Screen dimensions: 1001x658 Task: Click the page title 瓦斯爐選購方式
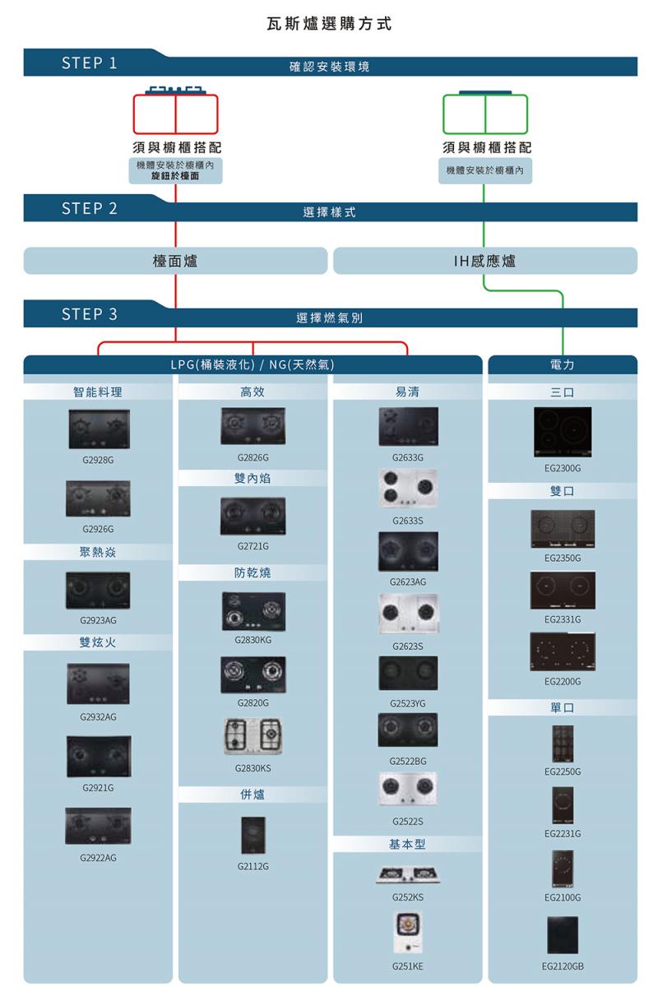[x=330, y=24]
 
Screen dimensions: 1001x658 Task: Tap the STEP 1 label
[x=89, y=63]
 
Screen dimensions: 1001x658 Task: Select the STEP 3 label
[x=89, y=314]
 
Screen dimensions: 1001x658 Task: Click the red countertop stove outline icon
[x=175, y=114]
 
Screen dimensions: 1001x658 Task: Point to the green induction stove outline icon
[x=484, y=114]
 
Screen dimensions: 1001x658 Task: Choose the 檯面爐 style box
[x=175, y=261]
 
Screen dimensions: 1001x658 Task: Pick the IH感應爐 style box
[x=484, y=261]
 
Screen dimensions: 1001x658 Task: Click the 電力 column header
[x=563, y=364]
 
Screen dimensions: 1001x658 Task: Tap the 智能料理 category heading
[x=98, y=392]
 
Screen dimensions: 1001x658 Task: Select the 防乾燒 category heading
[x=253, y=572]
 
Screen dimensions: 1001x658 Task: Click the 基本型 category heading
[x=407, y=845]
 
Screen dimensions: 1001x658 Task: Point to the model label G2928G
[x=98, y=460]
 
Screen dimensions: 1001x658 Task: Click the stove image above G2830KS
[x=253, y=735]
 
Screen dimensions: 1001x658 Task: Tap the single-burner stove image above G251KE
[x=407, y=928]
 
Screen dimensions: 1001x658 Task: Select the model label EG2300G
[x=563, y=468]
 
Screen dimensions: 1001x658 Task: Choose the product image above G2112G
[x=253, y=835]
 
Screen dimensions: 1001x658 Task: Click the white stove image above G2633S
[x=408, y=489]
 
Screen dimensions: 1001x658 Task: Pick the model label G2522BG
[x=407, y=762]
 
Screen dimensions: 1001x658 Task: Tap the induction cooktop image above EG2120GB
[x=563, y=935]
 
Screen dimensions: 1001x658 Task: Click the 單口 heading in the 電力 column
[x=563, y=707]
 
